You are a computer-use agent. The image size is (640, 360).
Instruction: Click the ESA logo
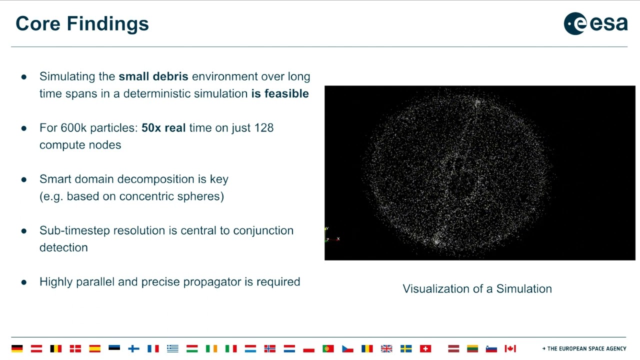(595, 23)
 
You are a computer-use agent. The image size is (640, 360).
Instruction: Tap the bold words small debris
(153, 76)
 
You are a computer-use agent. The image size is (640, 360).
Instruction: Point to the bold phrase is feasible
(279, 93)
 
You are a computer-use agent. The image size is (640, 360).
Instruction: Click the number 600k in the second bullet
(74, 128)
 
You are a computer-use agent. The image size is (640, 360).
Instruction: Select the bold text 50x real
(163, 128)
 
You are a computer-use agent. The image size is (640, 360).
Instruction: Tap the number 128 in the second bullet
(263, 128)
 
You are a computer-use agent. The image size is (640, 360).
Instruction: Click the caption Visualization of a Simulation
(477, 289)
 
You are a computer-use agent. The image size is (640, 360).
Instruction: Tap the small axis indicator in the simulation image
(331, 235)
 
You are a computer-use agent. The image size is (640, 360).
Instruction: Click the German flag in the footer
(17, 348)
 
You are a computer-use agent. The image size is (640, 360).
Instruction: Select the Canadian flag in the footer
(510, 348)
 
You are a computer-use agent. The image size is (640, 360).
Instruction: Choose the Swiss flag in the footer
(425, 348)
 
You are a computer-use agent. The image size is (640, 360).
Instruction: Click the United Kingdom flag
(386, 348)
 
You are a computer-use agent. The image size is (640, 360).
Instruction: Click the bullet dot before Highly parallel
(23, 282)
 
